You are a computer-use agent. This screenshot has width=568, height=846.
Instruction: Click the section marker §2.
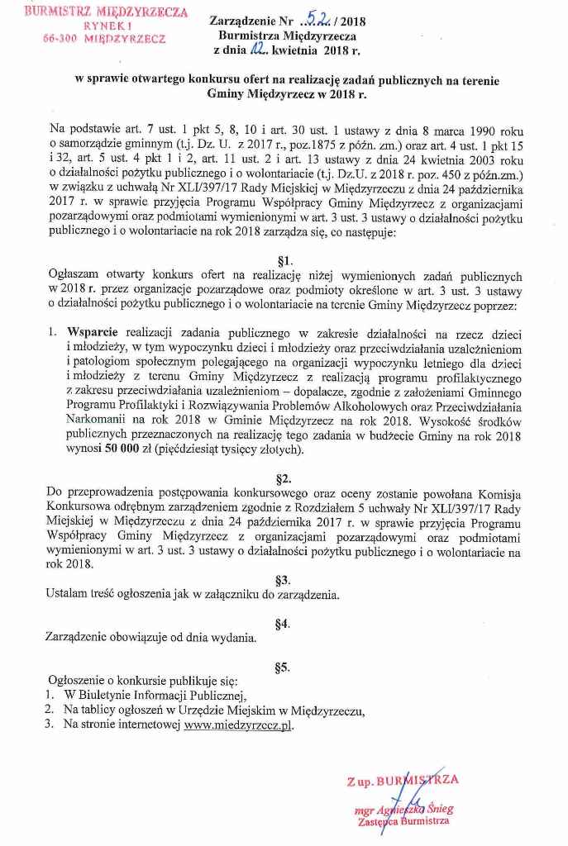284,477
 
